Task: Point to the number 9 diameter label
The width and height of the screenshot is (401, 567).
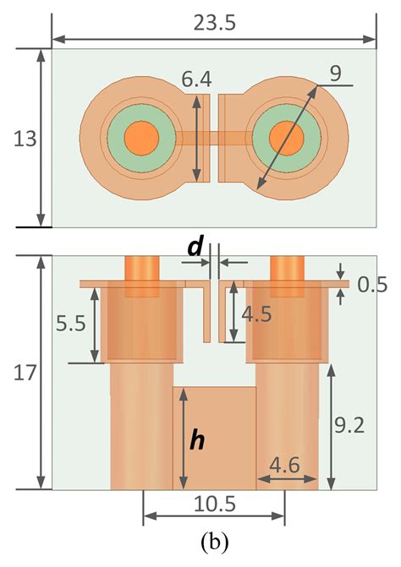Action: tap(335, 74)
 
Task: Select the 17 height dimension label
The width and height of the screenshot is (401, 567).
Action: tap(23, 373)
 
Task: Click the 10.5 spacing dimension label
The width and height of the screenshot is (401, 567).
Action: tap(214, 504)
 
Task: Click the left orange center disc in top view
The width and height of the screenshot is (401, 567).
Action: tap(141, 136)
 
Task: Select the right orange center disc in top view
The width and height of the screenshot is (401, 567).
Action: tap(286, 136)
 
